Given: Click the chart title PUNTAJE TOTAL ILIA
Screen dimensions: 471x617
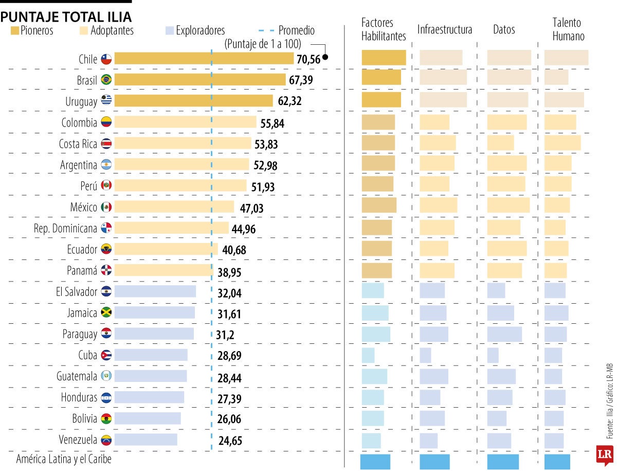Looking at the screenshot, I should pyautogui.click(x=66, y=17).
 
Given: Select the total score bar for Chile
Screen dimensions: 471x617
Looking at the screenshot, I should pyautogui.click(x=204, y=58).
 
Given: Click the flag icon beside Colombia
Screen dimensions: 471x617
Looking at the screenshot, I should pyautogui.click(x=106, y=122).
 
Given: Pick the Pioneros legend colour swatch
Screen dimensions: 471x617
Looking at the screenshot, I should pyautogui.click(x=15, y=31).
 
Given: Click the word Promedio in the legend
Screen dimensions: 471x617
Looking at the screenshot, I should pyautogui.click(x=296, y=31).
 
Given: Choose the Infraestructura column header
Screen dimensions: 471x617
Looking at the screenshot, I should pyautogui.click(x=444, y=30).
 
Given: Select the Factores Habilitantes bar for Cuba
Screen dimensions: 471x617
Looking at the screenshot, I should pyautogui.click(x=368, y=355).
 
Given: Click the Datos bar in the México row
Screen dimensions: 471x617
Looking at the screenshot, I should pyautogui.click(x=508, y=205).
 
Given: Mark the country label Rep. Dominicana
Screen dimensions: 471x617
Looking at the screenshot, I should pyautogui.click(x=65, y=229).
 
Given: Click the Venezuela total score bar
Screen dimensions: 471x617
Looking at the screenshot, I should pyautogui.click(x=146, y=440).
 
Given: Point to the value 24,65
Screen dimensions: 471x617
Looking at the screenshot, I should pyautogui.click(x=229, y=441).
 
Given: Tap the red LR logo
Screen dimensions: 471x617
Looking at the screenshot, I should pyautogui.click(x=604, y=455).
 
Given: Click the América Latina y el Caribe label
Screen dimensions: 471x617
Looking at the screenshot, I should pyautogui.click(x=64, y=459).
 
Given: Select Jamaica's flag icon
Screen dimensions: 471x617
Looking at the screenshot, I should pyautogui.click(x=106, y=312).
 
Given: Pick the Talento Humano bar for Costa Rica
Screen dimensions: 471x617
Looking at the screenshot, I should pyautogui.click(x=562, y=143).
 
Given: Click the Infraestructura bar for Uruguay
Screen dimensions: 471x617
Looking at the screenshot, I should pyautogui.click(x=443, y=100).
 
